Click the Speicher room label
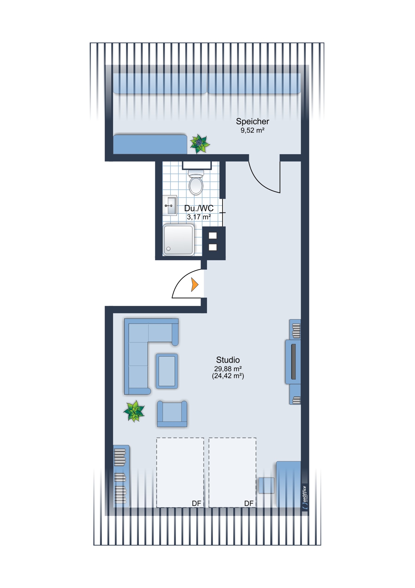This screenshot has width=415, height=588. tap(252, 121)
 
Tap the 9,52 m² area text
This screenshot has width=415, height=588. tap(252, 130)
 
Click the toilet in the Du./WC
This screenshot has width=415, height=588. tap(196, 182)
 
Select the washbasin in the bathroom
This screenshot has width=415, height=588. tap(170, 206)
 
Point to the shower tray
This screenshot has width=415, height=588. tap(179, 240)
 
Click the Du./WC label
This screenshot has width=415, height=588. tap(199, 208)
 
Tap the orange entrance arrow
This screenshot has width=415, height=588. tap(194, 285)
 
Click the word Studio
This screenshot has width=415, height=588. tap(228, 360)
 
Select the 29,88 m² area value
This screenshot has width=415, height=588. tap(228, 369)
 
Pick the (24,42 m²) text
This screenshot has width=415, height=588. tap(228, 376)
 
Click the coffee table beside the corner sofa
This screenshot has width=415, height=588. tap(167, 371)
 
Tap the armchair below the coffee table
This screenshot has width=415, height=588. tap(172, 414)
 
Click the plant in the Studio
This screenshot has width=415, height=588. tap(134, 411)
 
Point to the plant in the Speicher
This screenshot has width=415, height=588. tap(200, 144)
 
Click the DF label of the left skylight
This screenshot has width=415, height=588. tap(196, 503)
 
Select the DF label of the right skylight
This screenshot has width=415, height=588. tap(249, 503)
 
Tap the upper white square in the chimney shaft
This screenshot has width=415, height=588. tap(213, 235)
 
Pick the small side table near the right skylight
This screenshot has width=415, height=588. tap(266, 485)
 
